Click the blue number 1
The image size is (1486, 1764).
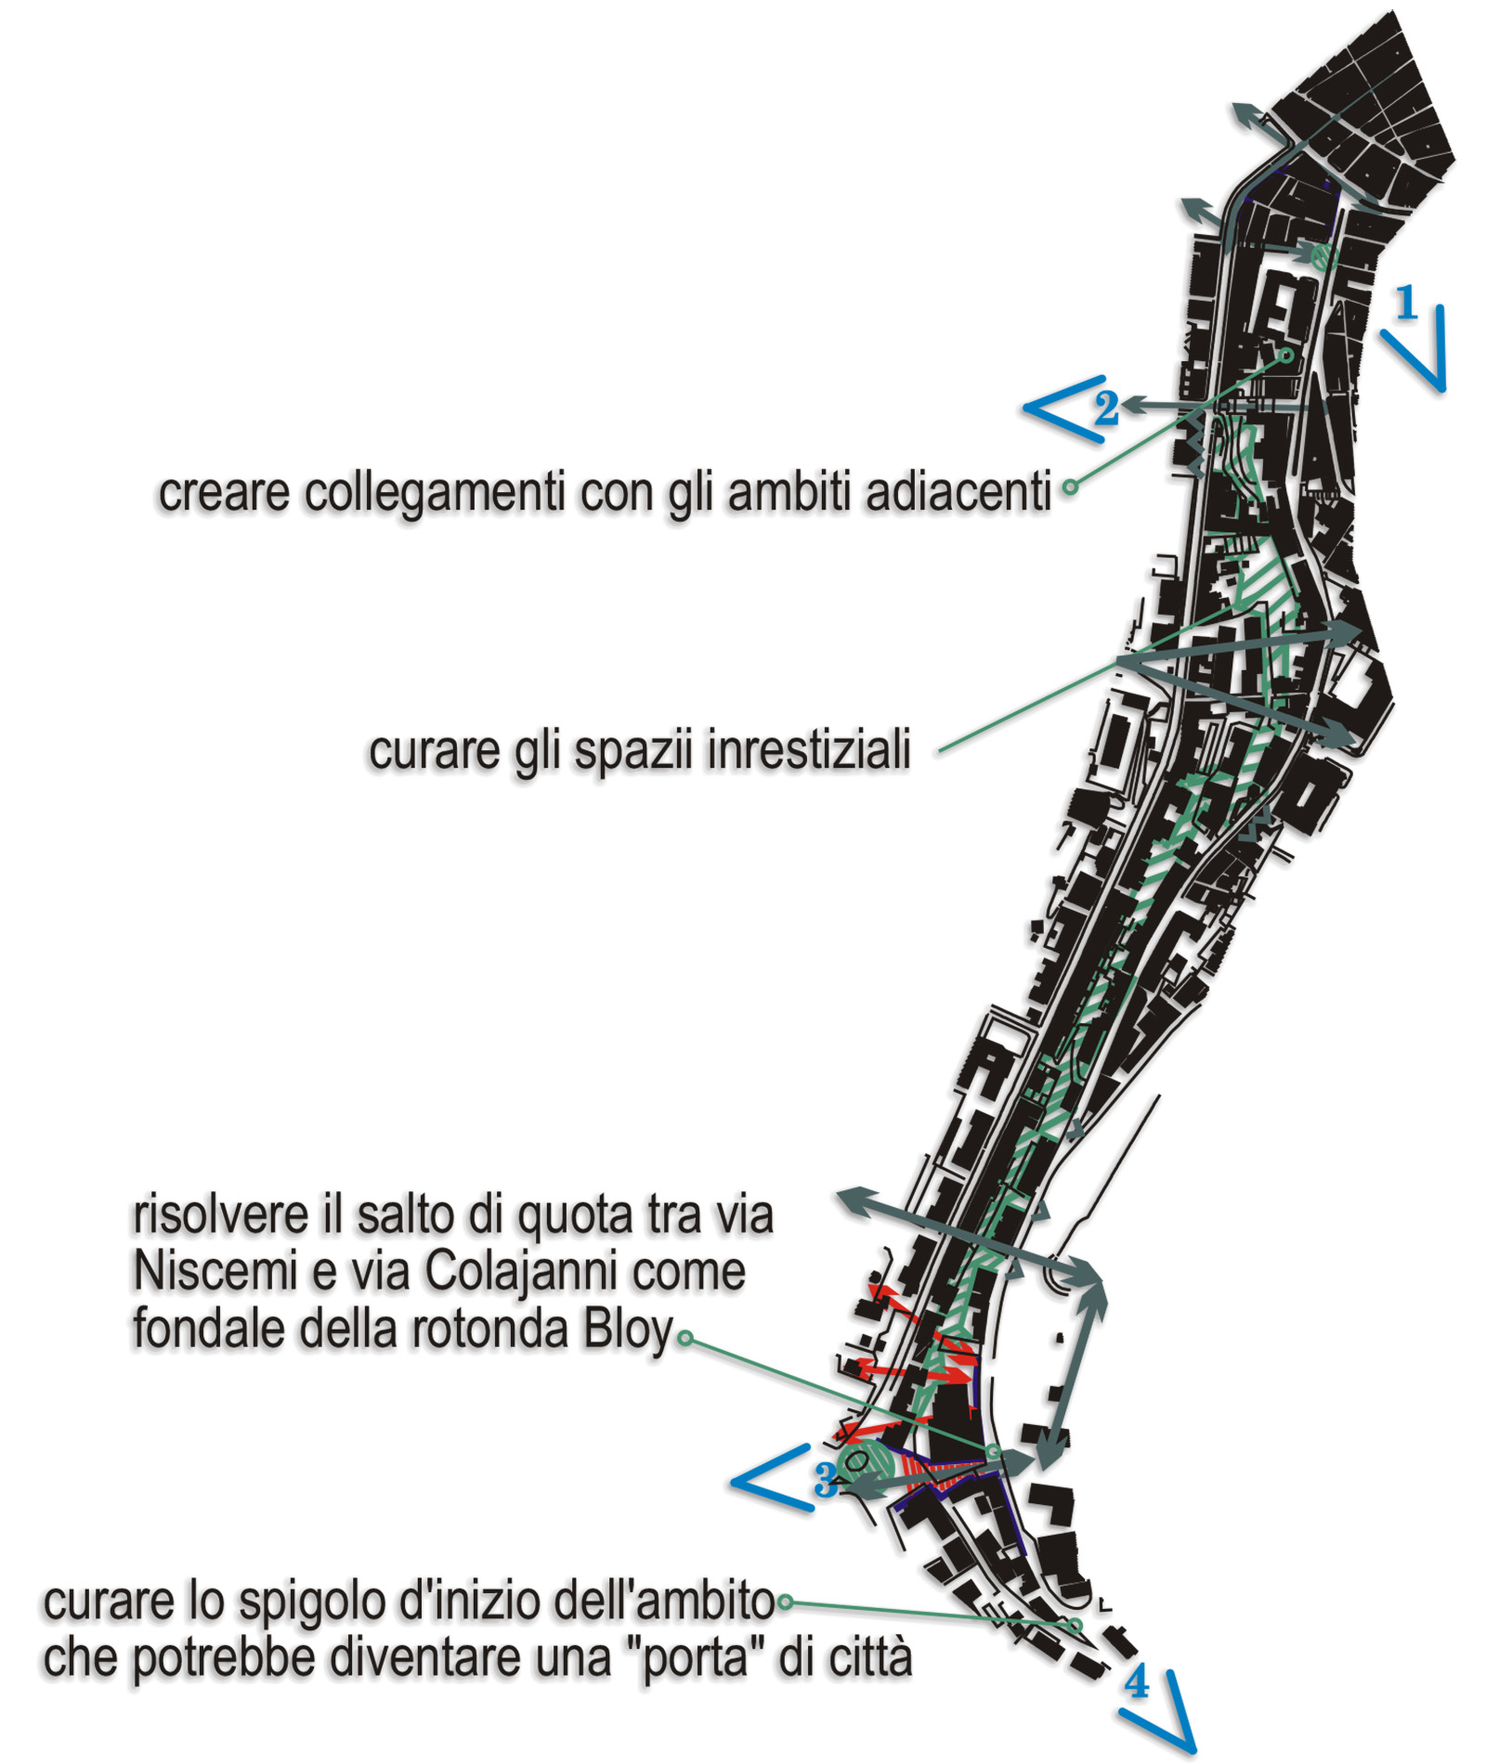1407,302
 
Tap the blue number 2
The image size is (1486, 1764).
1105,408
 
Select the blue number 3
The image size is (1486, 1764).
825,1480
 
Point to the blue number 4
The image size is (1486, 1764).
1137,1681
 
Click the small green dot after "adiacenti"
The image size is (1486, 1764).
1070,486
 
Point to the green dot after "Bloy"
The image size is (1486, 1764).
684,1338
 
